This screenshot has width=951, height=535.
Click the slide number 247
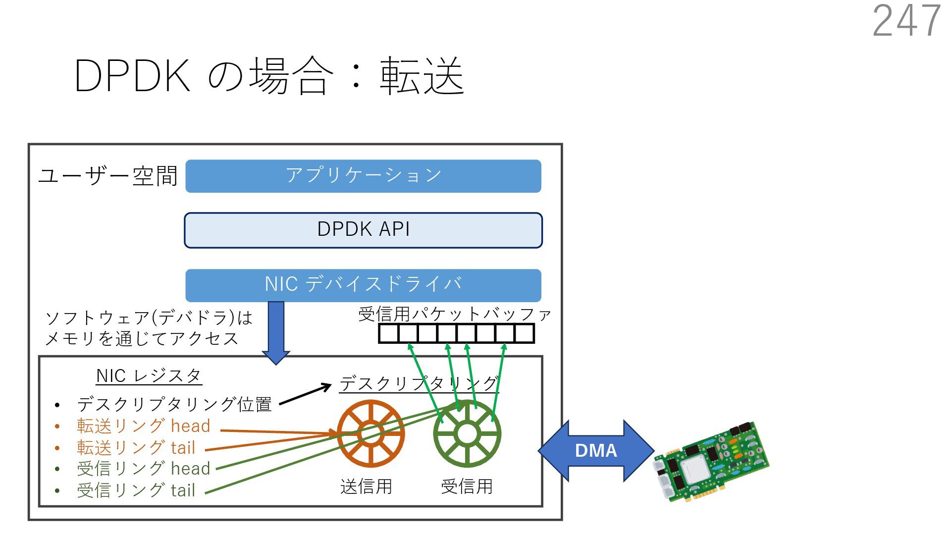tap(906, 21)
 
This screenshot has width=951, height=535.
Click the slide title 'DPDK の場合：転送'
tap(269, 76)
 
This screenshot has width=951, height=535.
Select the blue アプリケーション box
tap(363, 176)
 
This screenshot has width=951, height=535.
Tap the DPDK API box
tap(363, 230)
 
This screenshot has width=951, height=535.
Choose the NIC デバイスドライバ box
tap(363, 285)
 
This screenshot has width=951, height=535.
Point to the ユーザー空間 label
tap(108, 176)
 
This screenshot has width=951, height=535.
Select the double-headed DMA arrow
tap(596, 450)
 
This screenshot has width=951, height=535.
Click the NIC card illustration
tap(711, 462)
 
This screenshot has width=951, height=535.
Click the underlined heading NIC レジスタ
tap(149, 376)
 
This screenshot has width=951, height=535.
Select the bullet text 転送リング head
tap(144, 426)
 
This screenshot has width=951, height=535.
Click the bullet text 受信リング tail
tap(136, 490)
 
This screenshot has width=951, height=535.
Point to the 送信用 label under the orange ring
tap(366, 486)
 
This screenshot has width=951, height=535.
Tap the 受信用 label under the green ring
tap(467, 486)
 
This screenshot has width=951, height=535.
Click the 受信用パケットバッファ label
tap(454, 314)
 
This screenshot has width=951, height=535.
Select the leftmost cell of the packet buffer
tap(389, 333)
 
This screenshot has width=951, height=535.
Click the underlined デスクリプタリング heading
tap(419, 383)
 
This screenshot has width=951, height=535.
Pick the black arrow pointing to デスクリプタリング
tap(305, 395)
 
